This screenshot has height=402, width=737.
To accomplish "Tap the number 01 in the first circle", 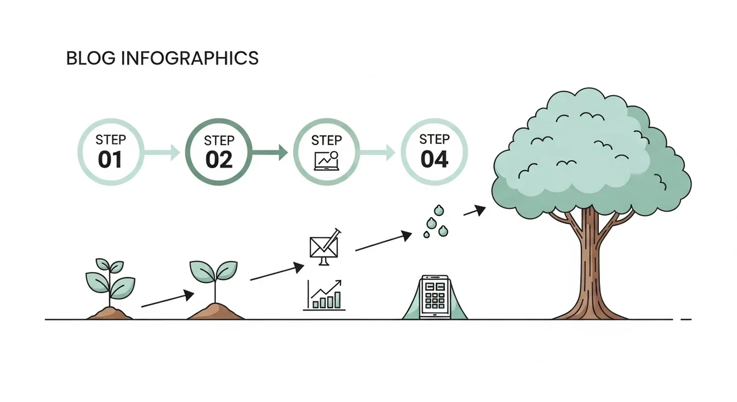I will click(x=110, y=160).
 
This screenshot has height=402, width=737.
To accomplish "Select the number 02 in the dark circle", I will click(x=219, y=160).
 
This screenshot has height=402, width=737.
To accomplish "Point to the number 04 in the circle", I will click(x=434, y=159).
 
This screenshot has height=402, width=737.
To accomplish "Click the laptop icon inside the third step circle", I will click(x=326, y=160).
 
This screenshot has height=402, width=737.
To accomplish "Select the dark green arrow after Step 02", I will click(x=269, y=153).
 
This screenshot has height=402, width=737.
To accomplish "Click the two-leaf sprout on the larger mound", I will click(x=214, y=276).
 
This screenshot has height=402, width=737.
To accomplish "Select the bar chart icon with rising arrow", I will click(x=324, y=295).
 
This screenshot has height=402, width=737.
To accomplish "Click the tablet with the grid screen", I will click(x=435, y=297).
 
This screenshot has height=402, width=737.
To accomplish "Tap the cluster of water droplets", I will click(x=436, y=221).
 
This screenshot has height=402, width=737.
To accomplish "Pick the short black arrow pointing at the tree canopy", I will click(x=474, y=211).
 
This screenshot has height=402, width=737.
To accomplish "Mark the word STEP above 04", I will click(x=434, y=139).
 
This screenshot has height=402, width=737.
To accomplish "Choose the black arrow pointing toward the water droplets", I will click(x=383, y=242).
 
